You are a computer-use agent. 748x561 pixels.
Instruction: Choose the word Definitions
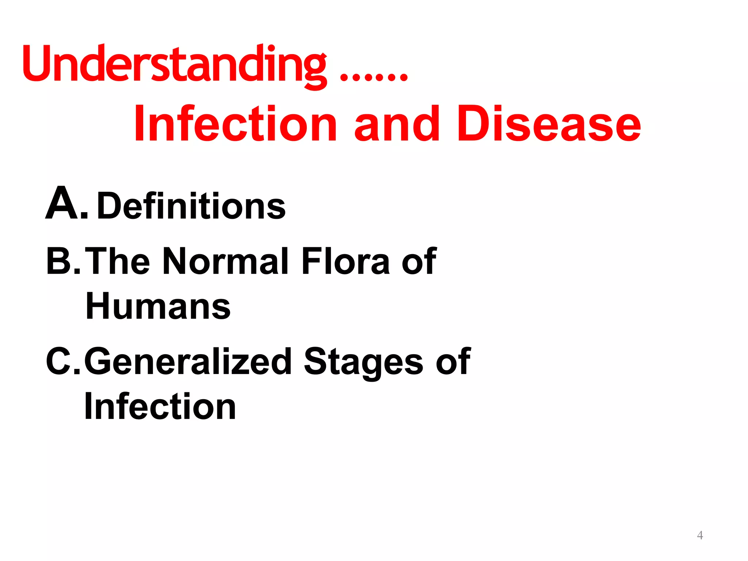click(191, 206)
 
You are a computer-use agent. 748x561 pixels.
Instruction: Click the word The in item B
click(118, 261)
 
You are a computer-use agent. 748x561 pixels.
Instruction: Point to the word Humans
click(158, 306)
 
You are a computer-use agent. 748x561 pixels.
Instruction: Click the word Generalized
click(188, 361)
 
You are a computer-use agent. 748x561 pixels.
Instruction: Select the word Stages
click(363, 361)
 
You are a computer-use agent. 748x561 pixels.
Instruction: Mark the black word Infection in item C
click(160, 406)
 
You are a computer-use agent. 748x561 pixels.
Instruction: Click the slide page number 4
click(700, 535)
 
